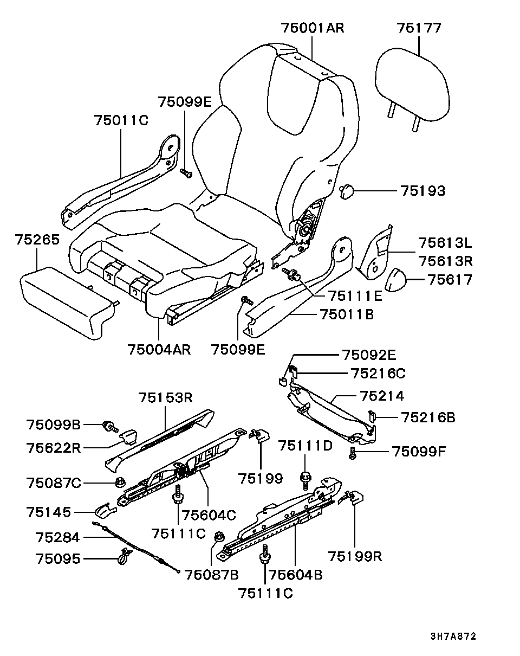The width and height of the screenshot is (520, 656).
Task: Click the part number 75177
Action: click(419, 28)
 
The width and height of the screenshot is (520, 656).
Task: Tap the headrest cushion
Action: click(413, 87)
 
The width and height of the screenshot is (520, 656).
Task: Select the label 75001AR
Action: click(313, 28)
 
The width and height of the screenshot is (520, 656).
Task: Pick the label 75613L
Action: click(446, 242)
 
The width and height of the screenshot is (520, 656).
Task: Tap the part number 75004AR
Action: click(159, 349)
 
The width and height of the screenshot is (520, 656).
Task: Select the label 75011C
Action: click(120, 120)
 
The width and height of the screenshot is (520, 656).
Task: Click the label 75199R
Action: click(355, 557)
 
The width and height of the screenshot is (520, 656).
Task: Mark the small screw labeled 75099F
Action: click(353, 453)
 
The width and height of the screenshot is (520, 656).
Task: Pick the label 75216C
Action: click(378, 373)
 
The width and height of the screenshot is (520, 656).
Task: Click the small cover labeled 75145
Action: click(105, 511)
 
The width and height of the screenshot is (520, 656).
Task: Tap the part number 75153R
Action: click(165, 398)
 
